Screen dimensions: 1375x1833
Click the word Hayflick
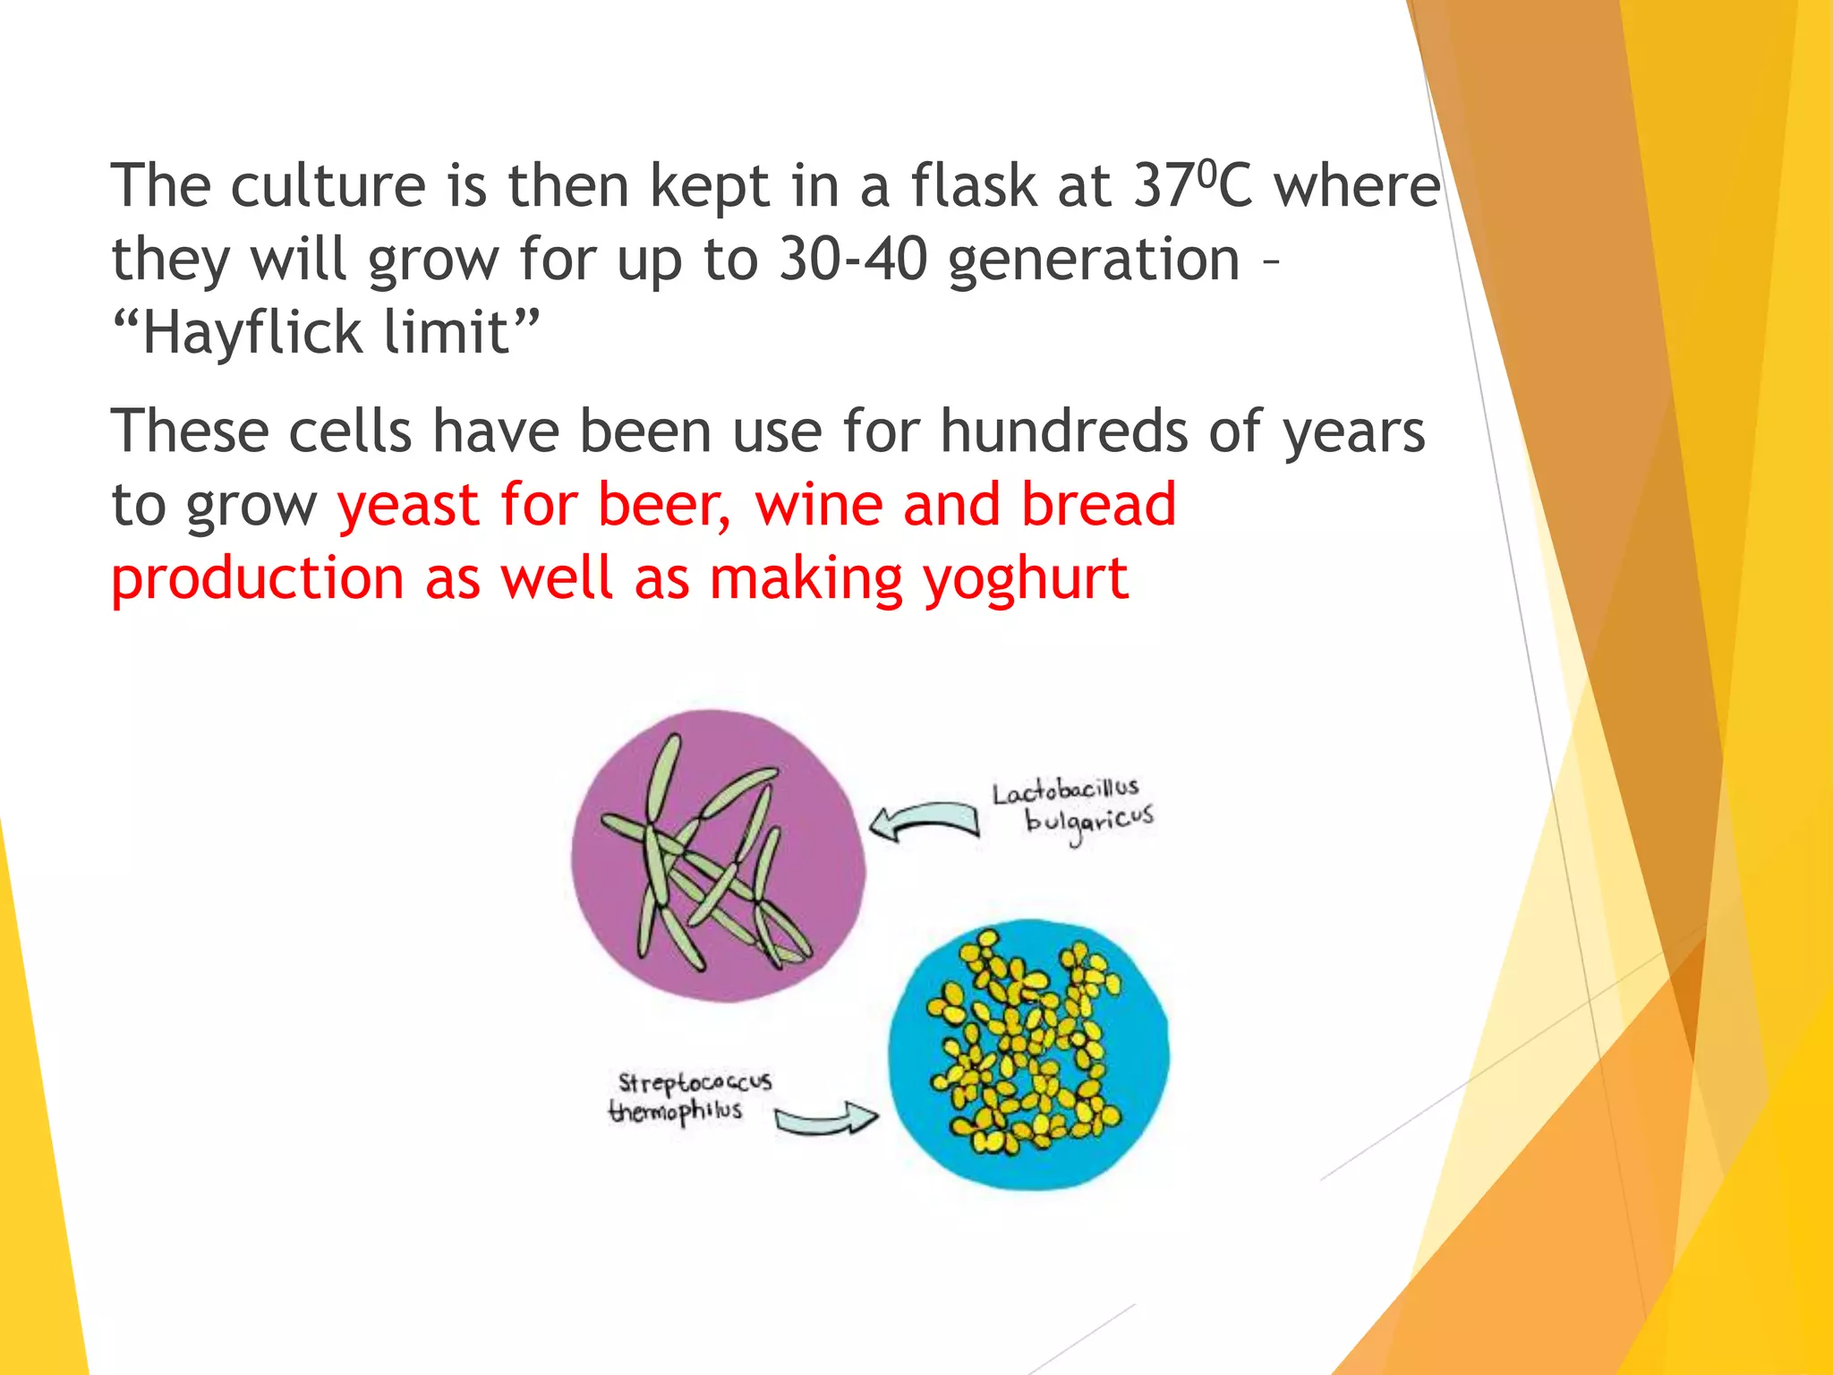pyautogui.click(x=252, y=333)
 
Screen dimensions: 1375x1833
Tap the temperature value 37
pyautogui.click(x=1163, y=186)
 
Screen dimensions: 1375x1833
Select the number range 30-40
pyautogui.click(x=852, y=260)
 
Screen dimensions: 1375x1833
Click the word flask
pyautogui.click(x=973, y=186)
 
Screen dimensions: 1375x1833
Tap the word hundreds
pyautogui.click(x=1063, y=431)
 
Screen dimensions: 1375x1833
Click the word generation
pyautogui.click(x=1093, y=260)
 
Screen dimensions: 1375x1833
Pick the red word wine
pyautogui.click(x=819, y=505)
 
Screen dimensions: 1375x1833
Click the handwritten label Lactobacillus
pyautogui.click(x=1064, y=791)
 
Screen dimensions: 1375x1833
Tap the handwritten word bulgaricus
pyautogui.click(x=1088, y=821)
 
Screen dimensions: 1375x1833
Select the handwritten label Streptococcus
pyautogui.click(x=695, y=1082)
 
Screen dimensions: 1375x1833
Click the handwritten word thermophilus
pyautogui.click(x=675, y=1112)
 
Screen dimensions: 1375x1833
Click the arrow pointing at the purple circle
pyautogui.click(x=925, y=821)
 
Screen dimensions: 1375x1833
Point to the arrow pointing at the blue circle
pyautogui.click(x=825, y=1120)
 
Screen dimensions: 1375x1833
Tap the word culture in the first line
pyautogui.click(x=328, y=186)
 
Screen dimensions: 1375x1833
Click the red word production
pyautogui.click(x=257, y=579)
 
